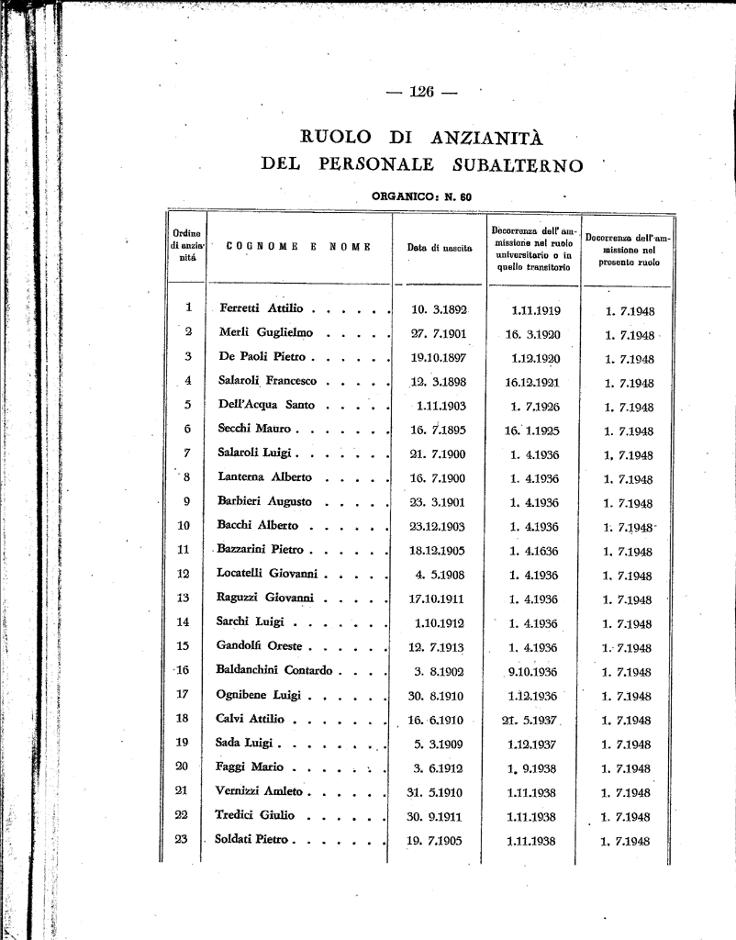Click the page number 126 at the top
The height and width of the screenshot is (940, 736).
(422, 91)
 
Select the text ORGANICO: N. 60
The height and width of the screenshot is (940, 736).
(421, 196)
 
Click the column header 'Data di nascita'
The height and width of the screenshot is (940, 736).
(440, 248)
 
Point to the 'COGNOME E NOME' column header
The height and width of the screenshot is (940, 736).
(298, 246)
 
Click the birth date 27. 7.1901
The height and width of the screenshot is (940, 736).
(439, 333)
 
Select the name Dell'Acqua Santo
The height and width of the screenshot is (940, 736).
(266, 405)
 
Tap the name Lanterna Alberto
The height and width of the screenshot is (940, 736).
(264, 476)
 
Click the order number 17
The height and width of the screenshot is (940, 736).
(182, 694)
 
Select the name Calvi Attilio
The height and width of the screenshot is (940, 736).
(250, 718)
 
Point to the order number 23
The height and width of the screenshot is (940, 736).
(182, 838)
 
